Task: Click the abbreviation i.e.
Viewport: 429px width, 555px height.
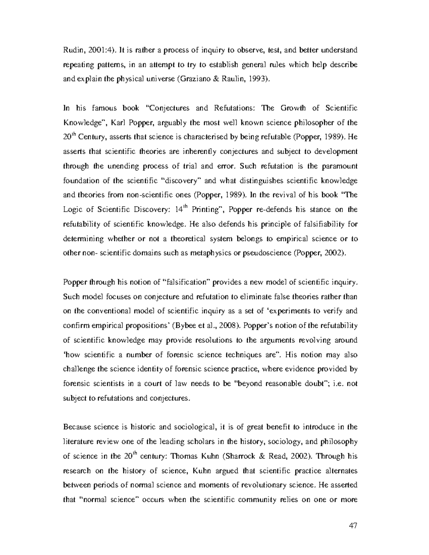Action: click(x=340, y=384)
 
